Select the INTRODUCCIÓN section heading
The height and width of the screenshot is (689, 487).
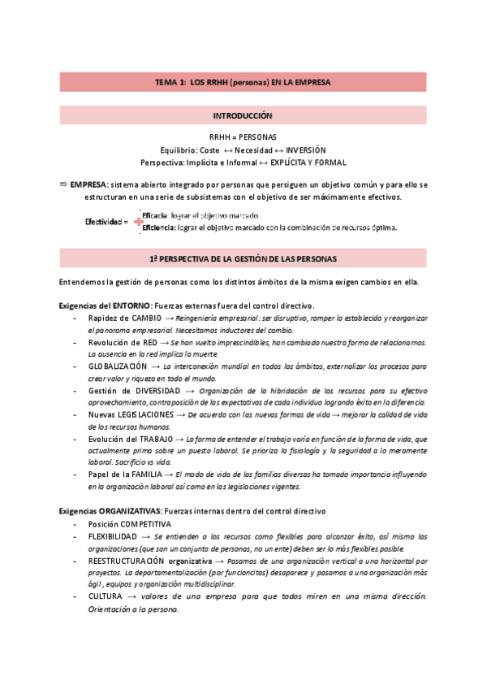[x=243, y=116]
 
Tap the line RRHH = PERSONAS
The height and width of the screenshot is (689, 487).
[x=243, y=137]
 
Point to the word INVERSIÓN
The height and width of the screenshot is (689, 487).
[x=306, y=150]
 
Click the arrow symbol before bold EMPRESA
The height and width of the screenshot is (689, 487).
[x=64, y=184]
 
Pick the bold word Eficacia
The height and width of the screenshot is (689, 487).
[x=154, y=214]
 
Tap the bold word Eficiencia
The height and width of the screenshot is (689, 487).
[x=157, y=227]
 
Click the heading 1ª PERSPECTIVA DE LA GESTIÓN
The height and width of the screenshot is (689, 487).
[x=243, y=258]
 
